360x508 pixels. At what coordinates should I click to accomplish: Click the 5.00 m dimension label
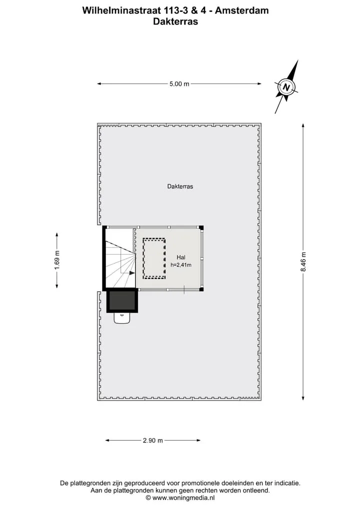click(x=179, y=84)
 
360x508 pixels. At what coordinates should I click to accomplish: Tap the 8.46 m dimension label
click(x=303, y=262)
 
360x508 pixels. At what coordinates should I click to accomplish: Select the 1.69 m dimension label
click(x=57, y=260)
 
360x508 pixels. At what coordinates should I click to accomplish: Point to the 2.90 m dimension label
click(x=153, y=440)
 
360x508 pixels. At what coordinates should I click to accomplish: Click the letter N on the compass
click(x=286, y=87)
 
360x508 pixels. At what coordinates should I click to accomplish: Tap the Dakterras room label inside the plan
click(x=180, y=186)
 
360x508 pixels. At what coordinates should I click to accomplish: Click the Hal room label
click(x=181, y=257)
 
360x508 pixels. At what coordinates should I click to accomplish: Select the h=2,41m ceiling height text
click(x=181, y=265)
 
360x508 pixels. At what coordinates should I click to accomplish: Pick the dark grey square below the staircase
click(x=122, y=301)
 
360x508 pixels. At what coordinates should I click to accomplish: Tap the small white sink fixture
click(x=122, y=318)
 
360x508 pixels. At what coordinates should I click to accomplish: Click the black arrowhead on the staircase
click(x=132, y=273)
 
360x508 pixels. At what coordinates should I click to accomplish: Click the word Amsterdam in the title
click(x=242, y=10)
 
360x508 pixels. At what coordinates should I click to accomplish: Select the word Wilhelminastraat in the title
click(x=121, y=10)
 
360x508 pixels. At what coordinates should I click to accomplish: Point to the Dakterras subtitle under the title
click(x=175, y=21)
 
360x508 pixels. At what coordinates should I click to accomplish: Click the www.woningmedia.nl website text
click(x=183, y=498)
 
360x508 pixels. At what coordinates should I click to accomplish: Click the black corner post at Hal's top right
click(x=201, y=227)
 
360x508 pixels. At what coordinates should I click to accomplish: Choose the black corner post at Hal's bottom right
click(x=201, y=289)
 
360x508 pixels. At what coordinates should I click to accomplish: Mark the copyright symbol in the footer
click(x=148, y=498)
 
